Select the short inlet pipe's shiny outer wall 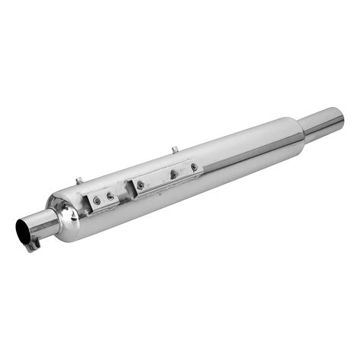43,221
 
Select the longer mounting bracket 167,176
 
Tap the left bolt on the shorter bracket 96,202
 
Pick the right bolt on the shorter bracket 112,196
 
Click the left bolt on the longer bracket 141,185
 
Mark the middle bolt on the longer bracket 174,173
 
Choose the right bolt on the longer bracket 194,166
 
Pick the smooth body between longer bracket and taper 243,148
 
